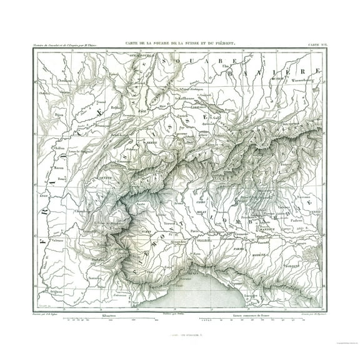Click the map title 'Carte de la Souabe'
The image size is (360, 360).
click(179, 41)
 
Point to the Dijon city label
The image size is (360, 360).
click(43, 115)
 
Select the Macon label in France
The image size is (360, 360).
click(42, 167)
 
